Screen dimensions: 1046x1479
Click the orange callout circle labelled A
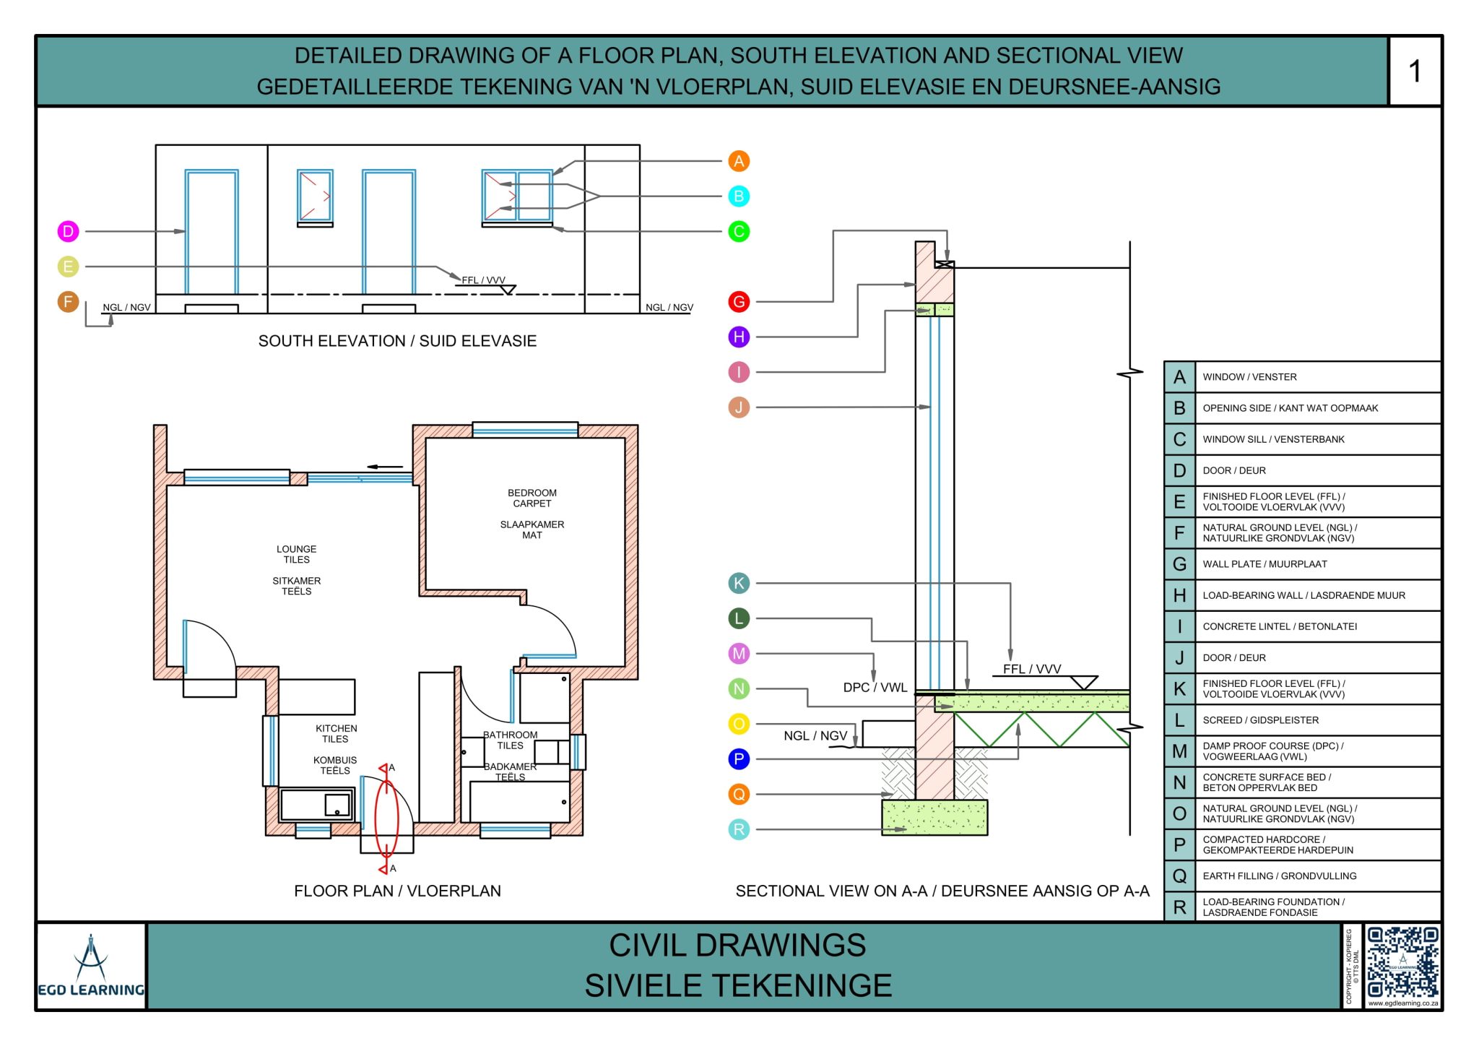point(738,161)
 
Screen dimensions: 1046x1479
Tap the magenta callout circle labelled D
point(68,231)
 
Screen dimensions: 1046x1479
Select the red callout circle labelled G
point(738,301)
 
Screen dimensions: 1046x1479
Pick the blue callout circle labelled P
point(738,759)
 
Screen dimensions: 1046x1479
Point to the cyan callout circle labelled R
point(738,829)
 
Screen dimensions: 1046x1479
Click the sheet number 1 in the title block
point(1414,72)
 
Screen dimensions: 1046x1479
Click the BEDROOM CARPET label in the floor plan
point(532,498)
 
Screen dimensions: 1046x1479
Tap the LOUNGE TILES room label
point(296,554)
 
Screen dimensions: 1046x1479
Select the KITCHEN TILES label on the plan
point(336,733)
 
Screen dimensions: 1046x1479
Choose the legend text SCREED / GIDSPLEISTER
point(1260,720)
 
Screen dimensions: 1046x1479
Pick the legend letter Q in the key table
point(1179,876)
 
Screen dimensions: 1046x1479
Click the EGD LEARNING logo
point(91,967)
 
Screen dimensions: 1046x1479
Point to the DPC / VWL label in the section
point(875,687)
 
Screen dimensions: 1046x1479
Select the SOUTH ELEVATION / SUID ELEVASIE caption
point(397,341)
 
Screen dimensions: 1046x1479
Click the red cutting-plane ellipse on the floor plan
point(386,818)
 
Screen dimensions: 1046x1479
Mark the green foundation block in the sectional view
point(934,817)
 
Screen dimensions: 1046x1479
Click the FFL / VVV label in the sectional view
point(1031,669)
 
